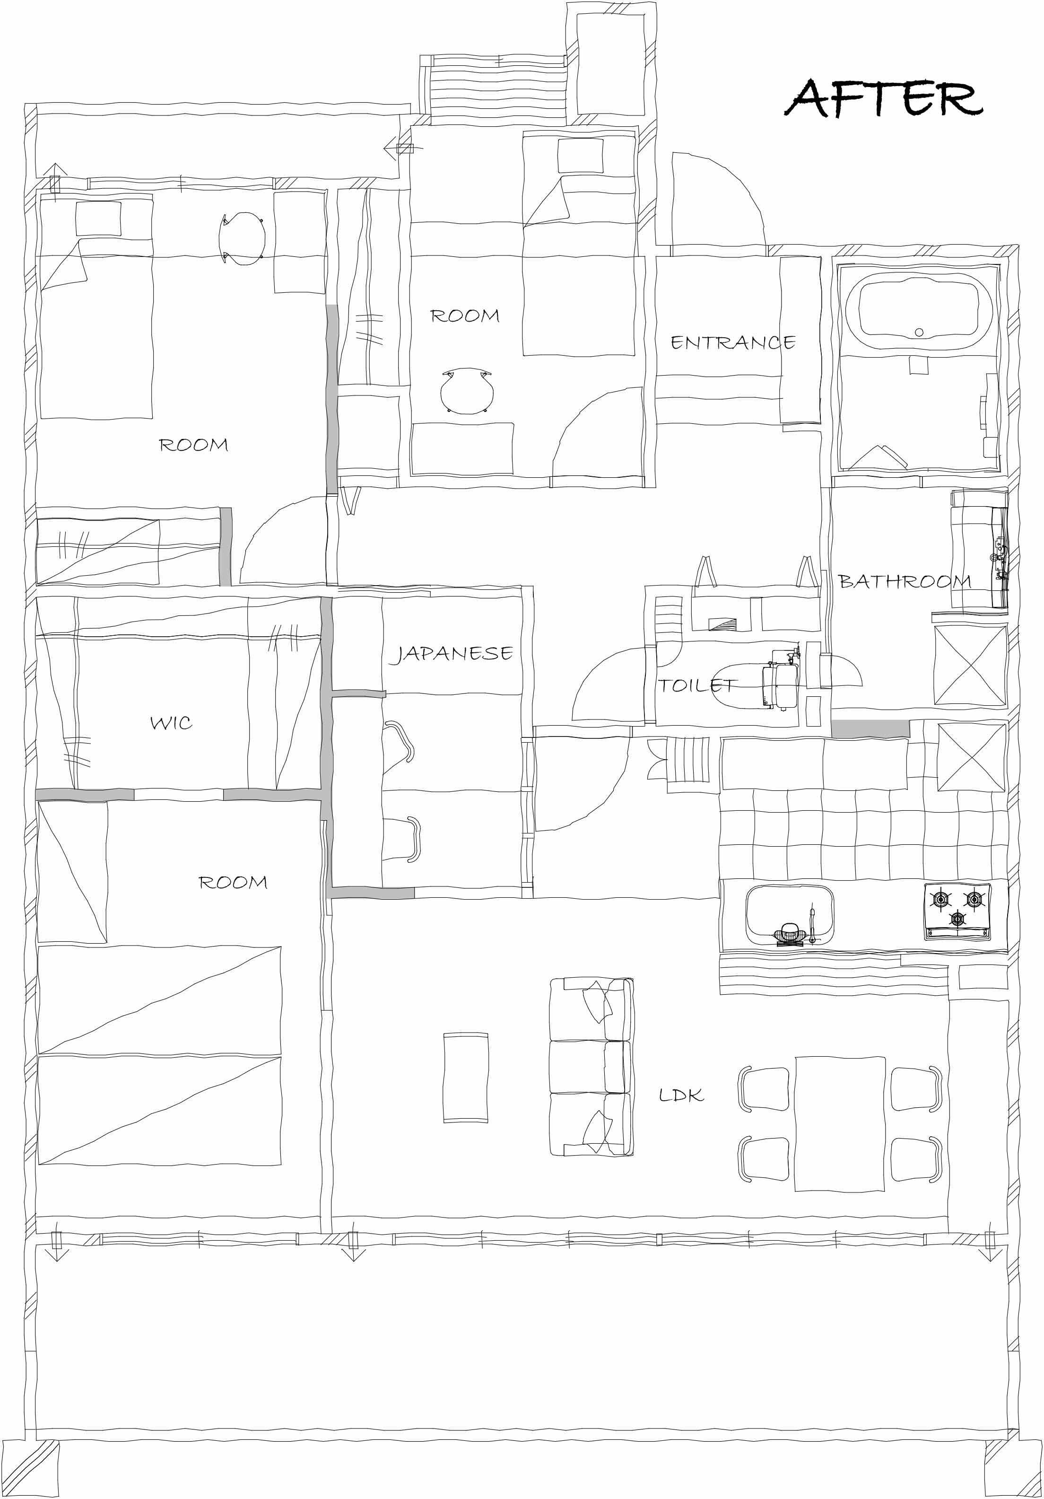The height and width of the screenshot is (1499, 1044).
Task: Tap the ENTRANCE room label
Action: (733, 343)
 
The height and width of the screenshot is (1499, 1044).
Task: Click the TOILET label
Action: (697, 685)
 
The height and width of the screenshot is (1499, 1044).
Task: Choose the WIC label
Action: (171, 723)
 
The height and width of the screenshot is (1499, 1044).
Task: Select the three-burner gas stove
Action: (957, 912)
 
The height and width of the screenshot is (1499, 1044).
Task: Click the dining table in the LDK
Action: (840, 1123)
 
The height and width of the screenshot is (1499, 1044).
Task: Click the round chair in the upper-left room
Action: (242, 239)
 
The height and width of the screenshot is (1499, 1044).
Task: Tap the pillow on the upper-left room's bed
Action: (98, 218)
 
